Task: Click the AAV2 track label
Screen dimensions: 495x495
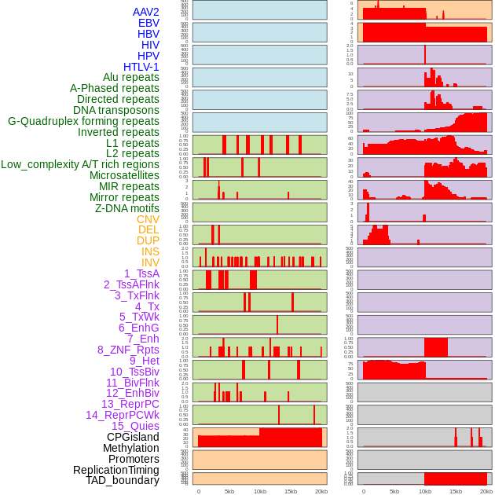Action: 146,12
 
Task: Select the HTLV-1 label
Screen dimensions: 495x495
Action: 141,67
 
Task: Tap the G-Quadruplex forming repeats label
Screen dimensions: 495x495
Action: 83,121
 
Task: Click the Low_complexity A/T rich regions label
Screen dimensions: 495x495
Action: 80,164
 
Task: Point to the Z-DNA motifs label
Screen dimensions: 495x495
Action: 126,208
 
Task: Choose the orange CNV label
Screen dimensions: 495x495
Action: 148,219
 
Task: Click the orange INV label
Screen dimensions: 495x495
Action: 150,262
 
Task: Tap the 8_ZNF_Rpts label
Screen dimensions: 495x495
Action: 128,350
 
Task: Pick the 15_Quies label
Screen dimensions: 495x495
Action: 135,426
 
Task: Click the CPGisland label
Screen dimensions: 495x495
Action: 133,437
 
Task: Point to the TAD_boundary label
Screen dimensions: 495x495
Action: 123,480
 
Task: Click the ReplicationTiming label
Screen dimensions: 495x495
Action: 115,470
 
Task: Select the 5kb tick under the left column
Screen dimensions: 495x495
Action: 229,491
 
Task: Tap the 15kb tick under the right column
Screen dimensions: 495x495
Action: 456,491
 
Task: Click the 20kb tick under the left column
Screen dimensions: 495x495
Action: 321,491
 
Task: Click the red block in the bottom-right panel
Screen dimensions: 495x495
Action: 455,478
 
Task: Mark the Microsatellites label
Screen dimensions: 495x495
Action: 124,175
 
